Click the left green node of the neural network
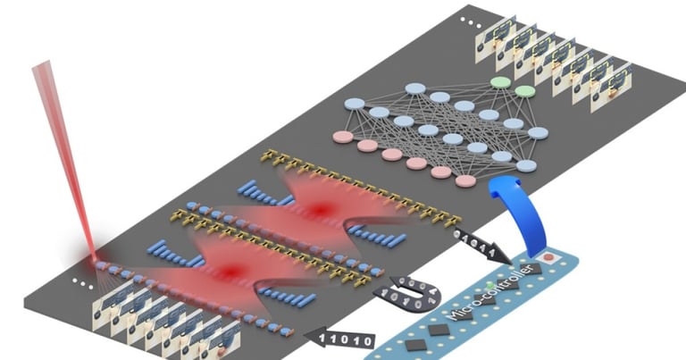pyautogui.click(x=500, y=82)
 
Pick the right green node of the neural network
pyautogui.click(x=525, y=91)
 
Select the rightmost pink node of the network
pyautogui.click(x=464, y=180)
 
